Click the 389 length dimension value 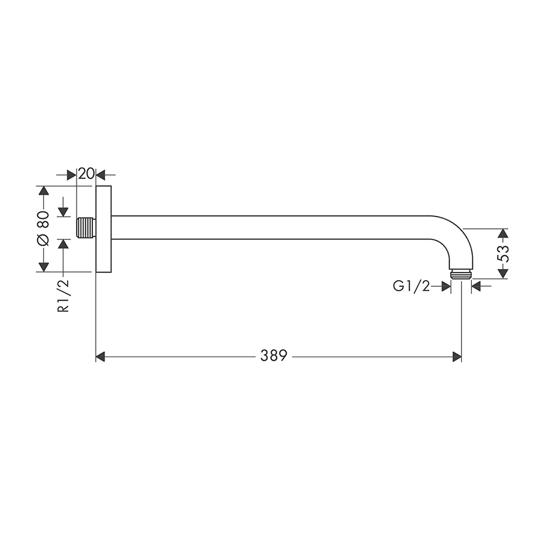pyautogui.click(x=274, y=356)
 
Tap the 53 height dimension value pyautogui.click(x=503, y=254)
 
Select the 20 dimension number pyautogui.click(x=86, y=173)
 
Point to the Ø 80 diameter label pyautogui.click(x=43, y=228)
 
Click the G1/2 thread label pyautogui.click(x=411, y=286)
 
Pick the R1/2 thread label pyautogui.click(x=63, y=296)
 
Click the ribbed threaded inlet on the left pyautogui.click(x=86, y=228)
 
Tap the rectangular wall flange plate pyautogui.click(x=103, y=229)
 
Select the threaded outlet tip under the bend pyautogui.click(x=461, y=274)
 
